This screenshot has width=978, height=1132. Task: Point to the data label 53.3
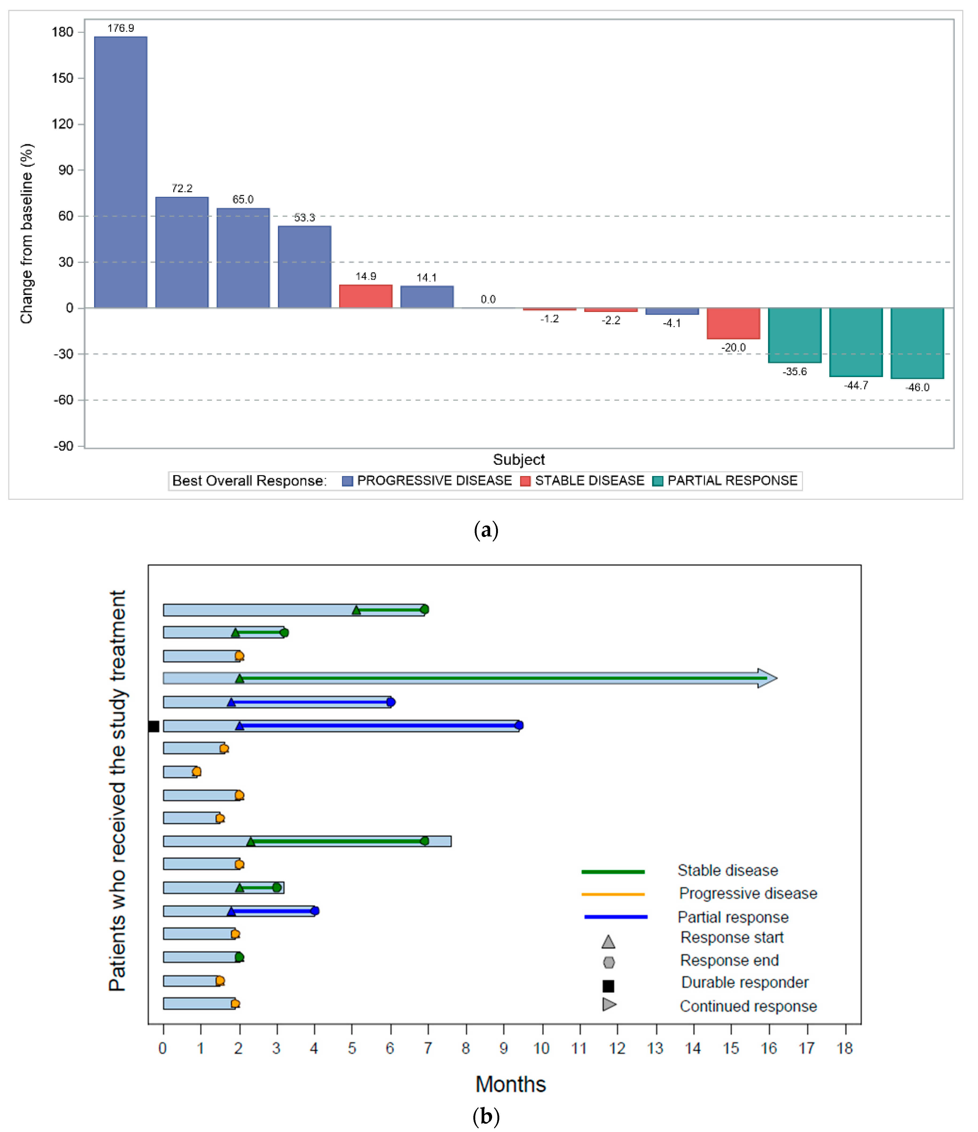304,217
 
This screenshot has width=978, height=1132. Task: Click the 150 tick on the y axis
62,78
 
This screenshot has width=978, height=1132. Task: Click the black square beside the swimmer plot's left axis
153,726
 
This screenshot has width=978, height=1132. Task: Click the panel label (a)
485,530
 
